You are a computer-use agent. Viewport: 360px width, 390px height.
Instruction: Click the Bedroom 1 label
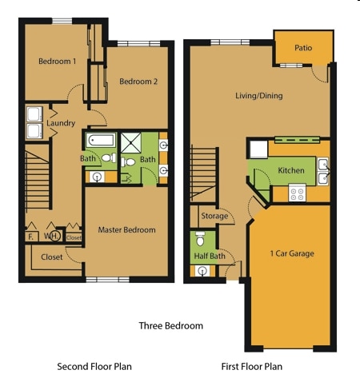pos(58,62)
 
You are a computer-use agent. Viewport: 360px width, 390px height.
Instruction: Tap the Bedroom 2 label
pos(138,82)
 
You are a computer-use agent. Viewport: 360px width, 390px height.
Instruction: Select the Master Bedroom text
pos(126,230)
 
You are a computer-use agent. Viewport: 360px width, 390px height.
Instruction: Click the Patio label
pos(303,48)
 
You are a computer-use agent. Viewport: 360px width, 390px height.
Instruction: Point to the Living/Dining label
pos(259,96)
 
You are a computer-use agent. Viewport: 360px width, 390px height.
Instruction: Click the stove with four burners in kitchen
pos(297,193)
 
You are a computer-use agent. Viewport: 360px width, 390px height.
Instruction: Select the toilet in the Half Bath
pos(200,239)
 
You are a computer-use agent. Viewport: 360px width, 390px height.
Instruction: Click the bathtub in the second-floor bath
pos(101,140)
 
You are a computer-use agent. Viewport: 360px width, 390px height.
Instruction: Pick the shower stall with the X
pos(130,143)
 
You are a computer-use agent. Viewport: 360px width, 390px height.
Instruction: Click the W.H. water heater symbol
pos(54,236)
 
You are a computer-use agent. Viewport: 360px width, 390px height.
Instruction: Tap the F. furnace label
pos(30,237)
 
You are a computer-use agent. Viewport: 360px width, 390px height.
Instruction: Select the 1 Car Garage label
pos(292,253)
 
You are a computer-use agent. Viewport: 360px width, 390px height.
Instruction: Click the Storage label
pos(214,216)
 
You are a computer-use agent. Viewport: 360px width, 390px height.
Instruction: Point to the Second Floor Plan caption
pos(94,367)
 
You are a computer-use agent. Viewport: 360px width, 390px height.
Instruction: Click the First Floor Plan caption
pos(252,367)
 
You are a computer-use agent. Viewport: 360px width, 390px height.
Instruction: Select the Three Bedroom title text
pos(171,326)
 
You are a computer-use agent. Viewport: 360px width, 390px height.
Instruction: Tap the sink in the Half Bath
pos(202,271)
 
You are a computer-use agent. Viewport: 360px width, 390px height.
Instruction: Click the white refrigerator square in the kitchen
pos(258,149)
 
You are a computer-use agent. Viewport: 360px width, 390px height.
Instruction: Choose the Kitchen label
pos(291,170)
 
